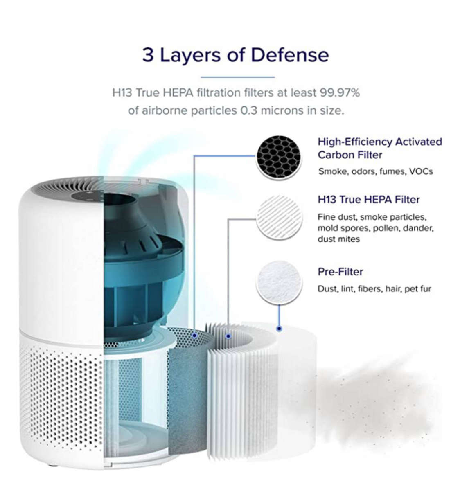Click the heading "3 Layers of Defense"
[235, 55]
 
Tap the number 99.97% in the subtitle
[340, 93]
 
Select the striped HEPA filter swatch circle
[279, 218]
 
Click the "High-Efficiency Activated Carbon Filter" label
[380, 149]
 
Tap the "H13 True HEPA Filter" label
[368, 200]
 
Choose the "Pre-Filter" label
[340, 272]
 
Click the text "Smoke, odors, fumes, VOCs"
[375, 171]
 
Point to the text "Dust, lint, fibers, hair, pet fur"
[374, 288]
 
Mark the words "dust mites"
[338, 239]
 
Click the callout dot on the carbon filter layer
[194, 336]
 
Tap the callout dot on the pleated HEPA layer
[228, 336]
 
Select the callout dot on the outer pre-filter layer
[279, 329]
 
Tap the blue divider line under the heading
[238, 77]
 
